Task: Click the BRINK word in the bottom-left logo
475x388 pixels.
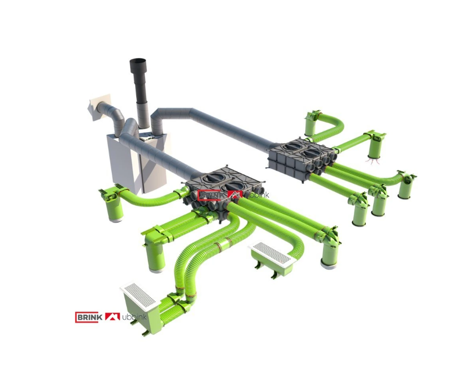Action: click(x=87, y=317)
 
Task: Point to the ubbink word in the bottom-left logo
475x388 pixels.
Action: click(x=134, y=317)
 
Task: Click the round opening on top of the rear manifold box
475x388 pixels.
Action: click(x=292, y=146)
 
